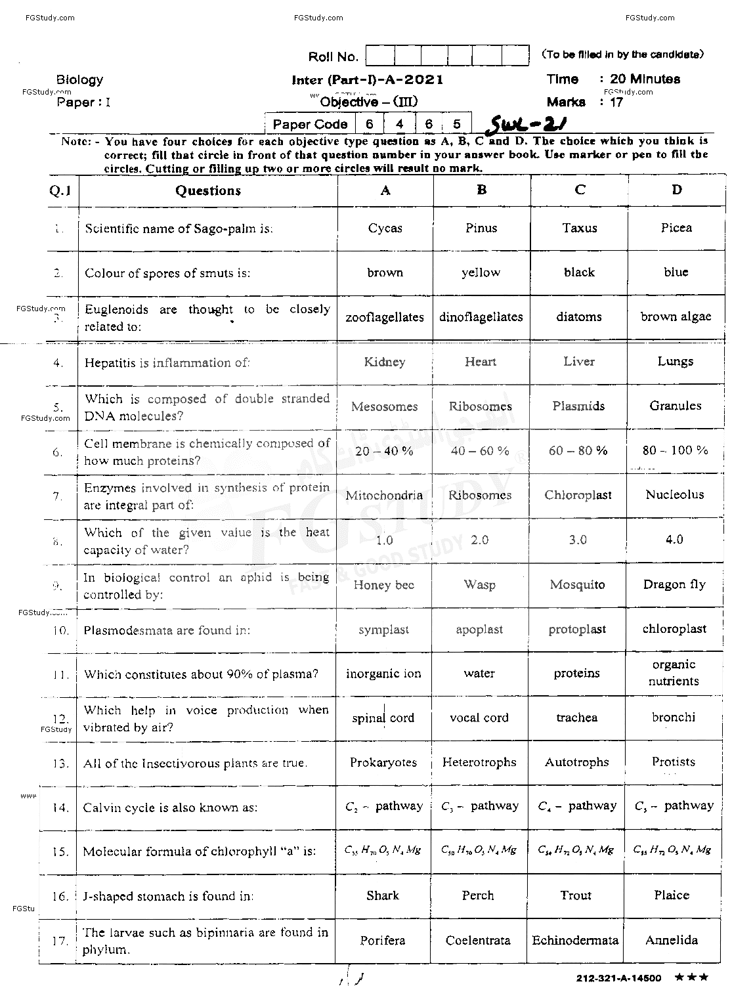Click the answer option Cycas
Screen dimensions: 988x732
point(385,228)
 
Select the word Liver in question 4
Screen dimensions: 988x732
point(578,362)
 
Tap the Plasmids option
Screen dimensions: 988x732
point(578,406)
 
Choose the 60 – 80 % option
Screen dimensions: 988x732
point(578,451)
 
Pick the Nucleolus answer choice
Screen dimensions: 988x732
point(674,495)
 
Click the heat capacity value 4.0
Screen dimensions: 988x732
point(674,540)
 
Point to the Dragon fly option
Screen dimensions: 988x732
point(674,584)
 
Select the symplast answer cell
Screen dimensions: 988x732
point(383,630)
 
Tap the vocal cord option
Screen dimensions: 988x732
point(479,718)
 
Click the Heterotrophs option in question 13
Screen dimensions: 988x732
point(479,763)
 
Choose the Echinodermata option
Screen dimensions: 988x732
point(575,941)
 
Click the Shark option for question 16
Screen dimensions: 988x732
point(383,896)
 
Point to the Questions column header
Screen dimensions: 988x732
point(207,191)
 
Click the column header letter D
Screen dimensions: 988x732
point(676,190)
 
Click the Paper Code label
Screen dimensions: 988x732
point(310,124)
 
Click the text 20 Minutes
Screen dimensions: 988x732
point(645,79)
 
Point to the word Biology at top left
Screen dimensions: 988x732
point(79,80)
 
